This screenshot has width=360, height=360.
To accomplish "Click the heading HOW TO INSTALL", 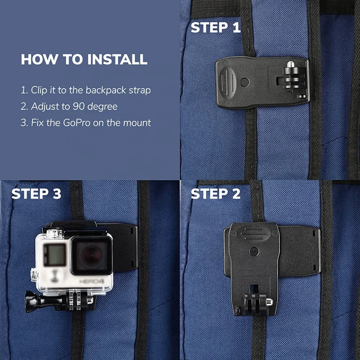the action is (84, 59).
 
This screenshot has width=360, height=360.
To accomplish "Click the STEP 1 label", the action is (216, 27).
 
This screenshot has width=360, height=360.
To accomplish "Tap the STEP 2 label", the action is (216, 193).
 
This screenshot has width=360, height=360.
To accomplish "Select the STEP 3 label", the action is (36, 193).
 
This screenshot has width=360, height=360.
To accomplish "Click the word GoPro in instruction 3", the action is (76, 122).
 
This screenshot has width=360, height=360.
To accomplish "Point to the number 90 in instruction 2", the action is (78, 106).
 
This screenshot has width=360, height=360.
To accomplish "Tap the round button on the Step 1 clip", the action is (244, 82).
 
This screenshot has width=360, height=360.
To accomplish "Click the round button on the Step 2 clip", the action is (254, 252).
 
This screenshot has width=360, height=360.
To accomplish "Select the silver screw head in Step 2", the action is (269, 301).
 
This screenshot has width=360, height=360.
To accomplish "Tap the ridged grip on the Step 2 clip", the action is (254, 234).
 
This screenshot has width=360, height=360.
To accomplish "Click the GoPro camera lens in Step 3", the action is (92, 255).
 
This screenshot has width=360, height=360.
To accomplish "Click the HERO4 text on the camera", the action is (92, 282).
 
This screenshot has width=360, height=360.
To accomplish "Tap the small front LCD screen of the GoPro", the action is (54, 253).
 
